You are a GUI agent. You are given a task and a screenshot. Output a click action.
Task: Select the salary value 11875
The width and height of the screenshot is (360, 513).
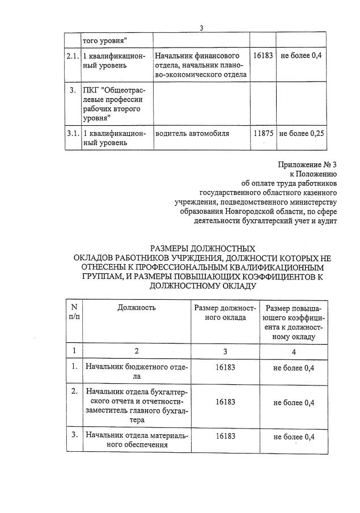(264, 134)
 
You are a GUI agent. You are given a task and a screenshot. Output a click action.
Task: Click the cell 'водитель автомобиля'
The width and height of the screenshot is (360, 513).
(192, 134)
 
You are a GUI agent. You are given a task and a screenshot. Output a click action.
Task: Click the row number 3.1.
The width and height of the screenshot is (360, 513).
(72, 134)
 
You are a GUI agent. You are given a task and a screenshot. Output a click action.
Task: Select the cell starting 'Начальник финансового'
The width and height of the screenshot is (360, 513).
(201, 65)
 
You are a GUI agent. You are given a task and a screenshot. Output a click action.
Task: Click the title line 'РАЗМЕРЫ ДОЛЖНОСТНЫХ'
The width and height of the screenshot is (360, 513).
(202, 248)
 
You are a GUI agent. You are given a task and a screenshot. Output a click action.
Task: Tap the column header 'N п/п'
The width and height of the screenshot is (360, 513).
(74, 312)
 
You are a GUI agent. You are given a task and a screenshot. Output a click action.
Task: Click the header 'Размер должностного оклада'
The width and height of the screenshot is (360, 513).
(225, 313)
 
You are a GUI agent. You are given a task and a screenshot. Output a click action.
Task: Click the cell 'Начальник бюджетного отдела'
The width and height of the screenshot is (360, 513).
(136, 371)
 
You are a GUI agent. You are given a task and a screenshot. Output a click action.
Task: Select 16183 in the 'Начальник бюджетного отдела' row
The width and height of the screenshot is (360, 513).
(225, 368)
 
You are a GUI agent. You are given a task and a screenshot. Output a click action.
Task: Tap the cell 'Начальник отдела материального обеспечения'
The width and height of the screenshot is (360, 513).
(136, 440)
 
